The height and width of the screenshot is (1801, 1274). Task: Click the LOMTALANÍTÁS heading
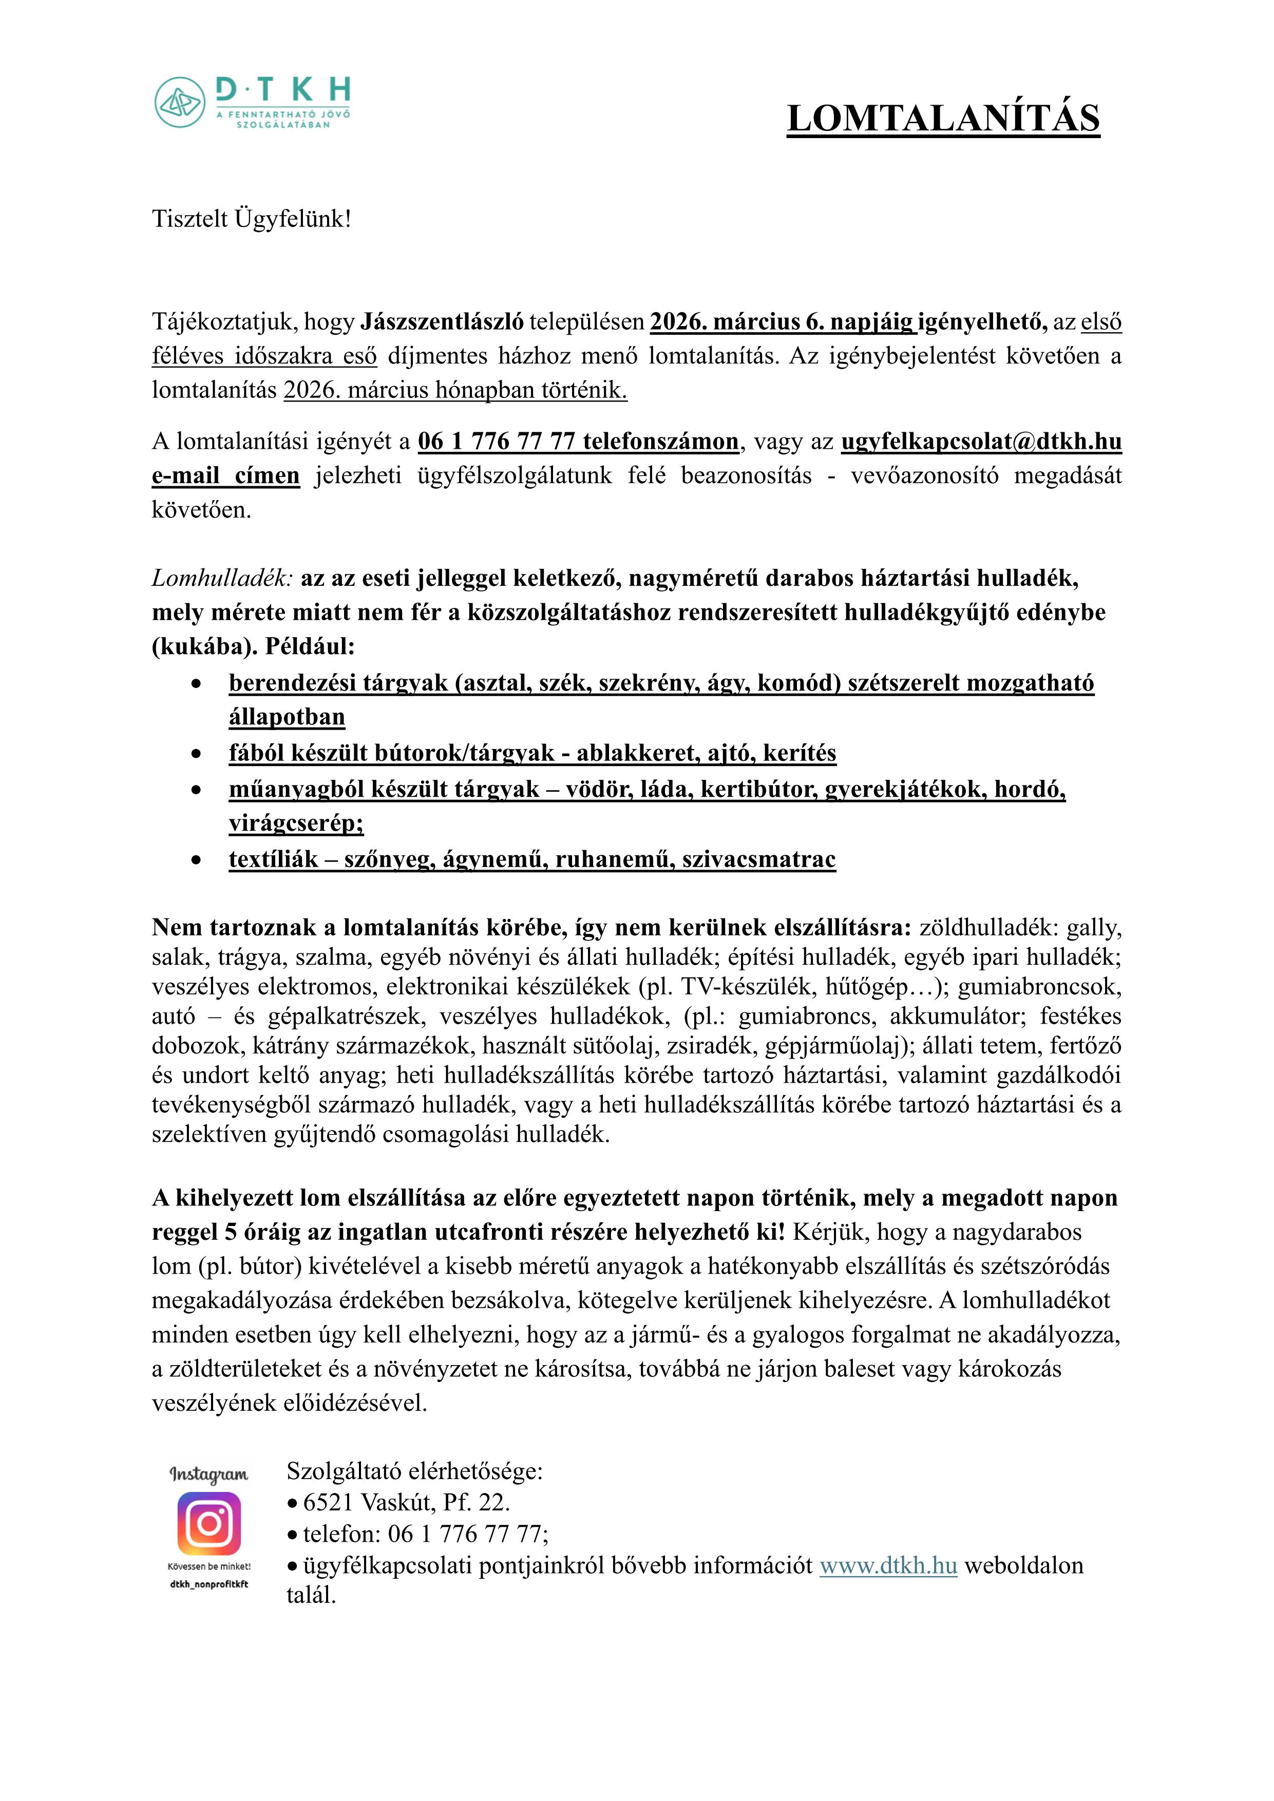point(943,119)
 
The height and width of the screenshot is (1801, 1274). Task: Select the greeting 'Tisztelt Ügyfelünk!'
point(251,219)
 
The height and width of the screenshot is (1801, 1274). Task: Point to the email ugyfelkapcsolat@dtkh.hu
point(981,442)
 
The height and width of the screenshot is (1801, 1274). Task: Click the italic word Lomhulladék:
point(222,578)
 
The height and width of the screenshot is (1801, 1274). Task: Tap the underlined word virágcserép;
point(296,823)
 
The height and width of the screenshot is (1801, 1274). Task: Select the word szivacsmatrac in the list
point(758,859)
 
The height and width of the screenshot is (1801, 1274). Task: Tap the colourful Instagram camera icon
point(208,1523)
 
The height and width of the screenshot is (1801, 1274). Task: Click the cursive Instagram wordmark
point(208,1474)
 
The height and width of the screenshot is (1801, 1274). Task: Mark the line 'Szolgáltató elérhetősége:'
point(414,1470)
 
